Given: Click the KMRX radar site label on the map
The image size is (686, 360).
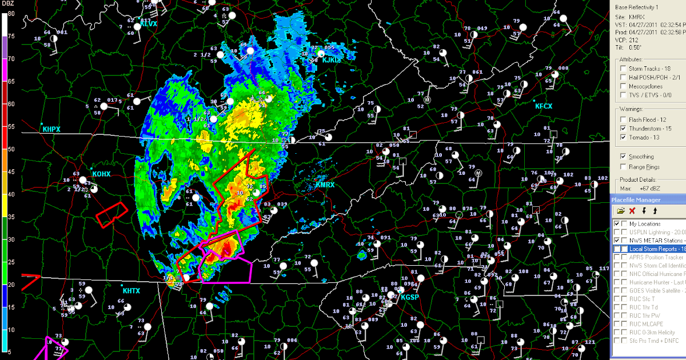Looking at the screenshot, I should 325,185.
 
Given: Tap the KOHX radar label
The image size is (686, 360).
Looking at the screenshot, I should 101,173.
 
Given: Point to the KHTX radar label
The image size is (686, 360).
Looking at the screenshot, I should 131,291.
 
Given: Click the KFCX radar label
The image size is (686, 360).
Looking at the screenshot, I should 544,106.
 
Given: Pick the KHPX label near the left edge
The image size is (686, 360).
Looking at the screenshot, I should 51,130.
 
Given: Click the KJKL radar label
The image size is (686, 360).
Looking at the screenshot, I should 330,59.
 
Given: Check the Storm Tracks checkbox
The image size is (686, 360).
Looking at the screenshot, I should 624,69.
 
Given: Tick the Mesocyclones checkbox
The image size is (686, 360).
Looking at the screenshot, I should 624,87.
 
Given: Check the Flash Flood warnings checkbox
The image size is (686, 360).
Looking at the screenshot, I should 624,119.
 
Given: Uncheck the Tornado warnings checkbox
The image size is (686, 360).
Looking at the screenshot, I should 624,138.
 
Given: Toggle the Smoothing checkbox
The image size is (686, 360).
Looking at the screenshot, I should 624,157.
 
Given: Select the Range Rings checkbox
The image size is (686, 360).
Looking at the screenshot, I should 624,167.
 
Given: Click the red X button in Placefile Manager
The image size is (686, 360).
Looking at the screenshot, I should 632,211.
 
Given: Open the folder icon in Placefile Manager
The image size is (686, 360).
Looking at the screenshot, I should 620,211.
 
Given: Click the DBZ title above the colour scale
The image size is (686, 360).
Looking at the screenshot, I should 9,5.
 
